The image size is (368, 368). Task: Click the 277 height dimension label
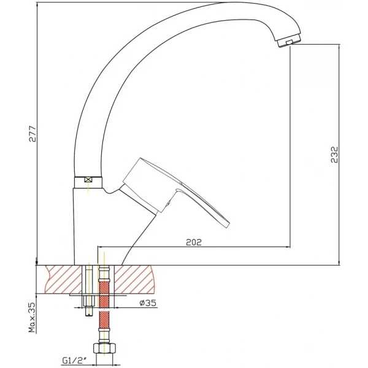(33, 134)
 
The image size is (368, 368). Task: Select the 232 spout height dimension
(334, 155)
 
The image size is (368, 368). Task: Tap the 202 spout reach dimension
(194, 242)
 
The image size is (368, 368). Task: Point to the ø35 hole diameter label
(148, 303)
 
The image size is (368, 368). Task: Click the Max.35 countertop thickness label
(32, 317)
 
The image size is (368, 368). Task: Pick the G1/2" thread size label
(74, 361)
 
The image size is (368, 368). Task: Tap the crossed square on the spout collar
(88, 180)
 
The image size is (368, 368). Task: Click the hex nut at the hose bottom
(105, 349)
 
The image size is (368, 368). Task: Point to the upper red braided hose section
(104, 294)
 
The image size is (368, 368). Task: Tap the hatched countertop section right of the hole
(134, 279)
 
